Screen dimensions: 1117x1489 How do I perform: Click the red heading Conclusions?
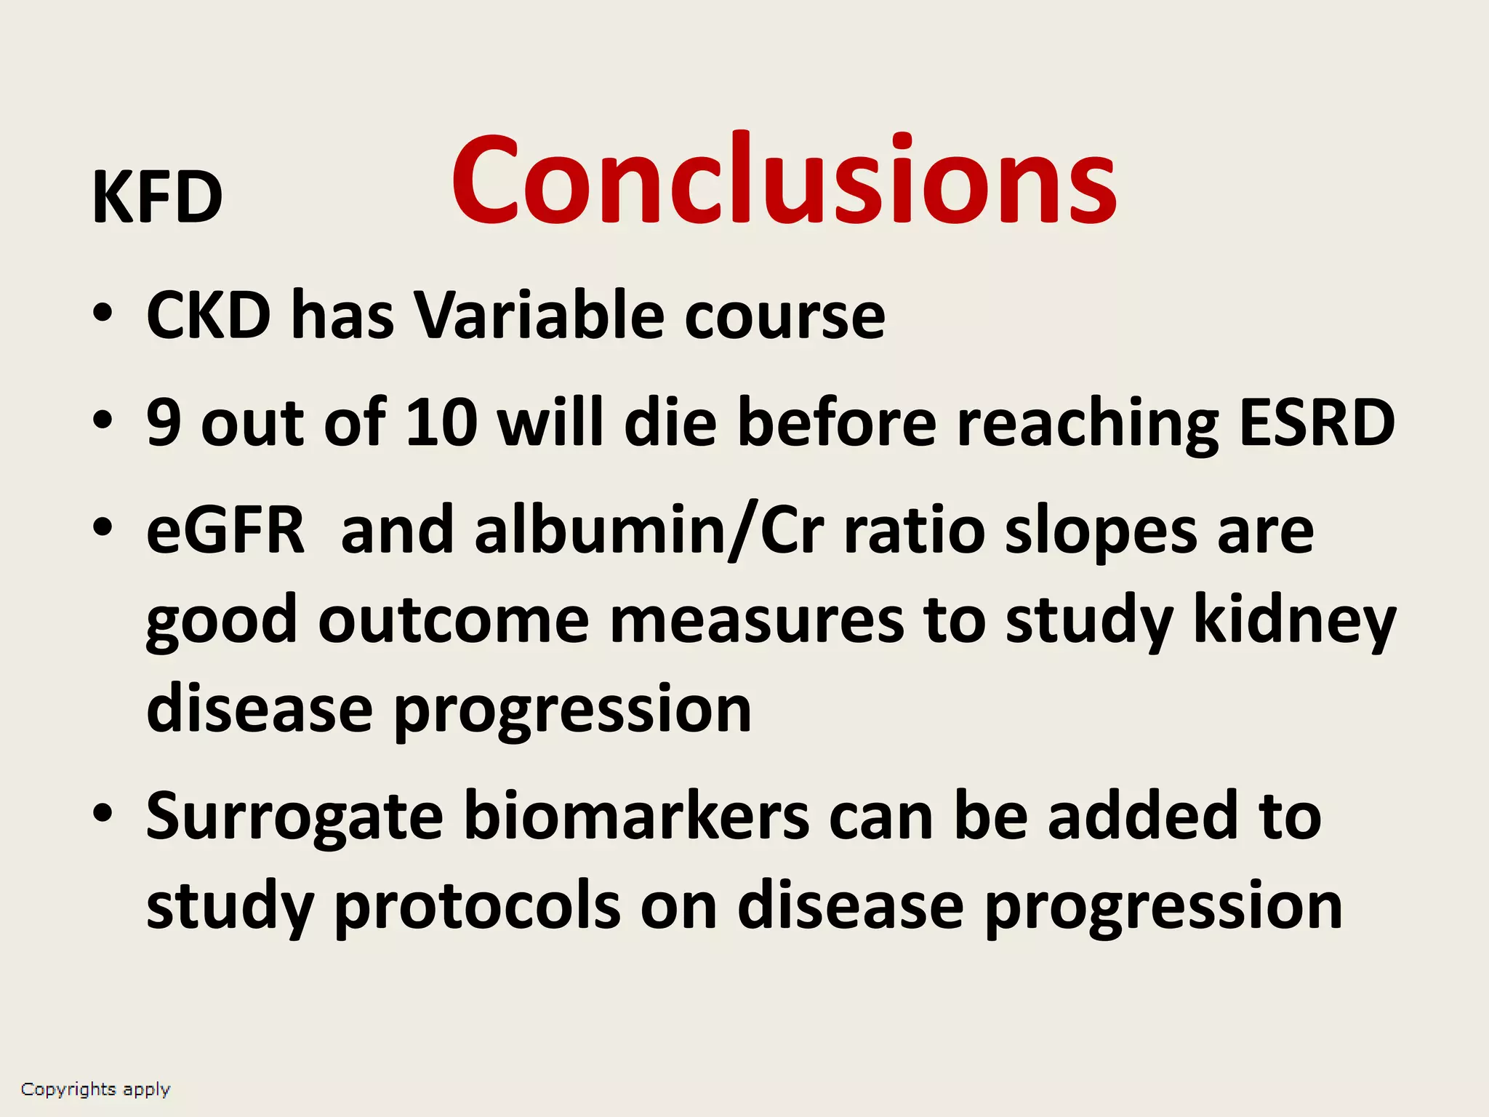click(x=783, y=180)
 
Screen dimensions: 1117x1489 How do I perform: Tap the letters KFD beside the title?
click(x=157, y=198)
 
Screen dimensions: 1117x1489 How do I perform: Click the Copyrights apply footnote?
click(x=95, y=1089)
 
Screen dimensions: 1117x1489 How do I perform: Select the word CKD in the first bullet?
click(x=209, y=316)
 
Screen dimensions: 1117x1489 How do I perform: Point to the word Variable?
click(x=539, y=316)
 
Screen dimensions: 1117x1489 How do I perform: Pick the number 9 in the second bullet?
click(x=163, y=423)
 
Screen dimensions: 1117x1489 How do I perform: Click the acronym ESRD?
click(x=1317, y=423)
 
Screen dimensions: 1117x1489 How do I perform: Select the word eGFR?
click(x=225, y=531)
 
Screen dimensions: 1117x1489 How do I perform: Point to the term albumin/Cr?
click(x=649, y=531)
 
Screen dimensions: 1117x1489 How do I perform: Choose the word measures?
click(x=757, y=622)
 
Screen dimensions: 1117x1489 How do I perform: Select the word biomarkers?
click(x=637, y=816)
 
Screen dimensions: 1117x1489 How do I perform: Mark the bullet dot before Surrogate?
click(x=103, y=812)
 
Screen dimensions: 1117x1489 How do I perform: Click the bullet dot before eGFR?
click(x=103, y=527)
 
